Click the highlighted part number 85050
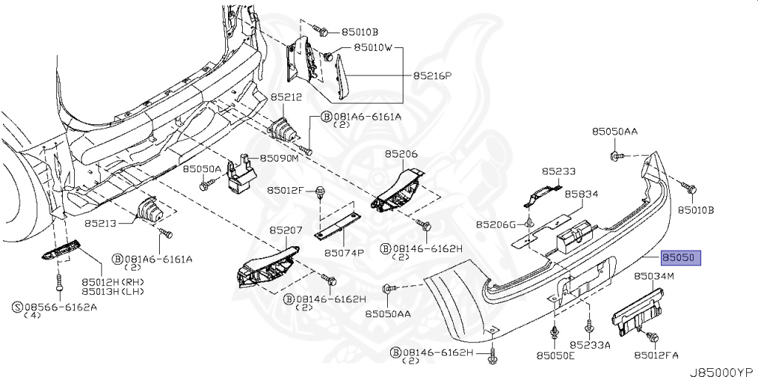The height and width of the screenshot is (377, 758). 680,258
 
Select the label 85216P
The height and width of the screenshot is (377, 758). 432,75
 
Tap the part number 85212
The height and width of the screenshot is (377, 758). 286,97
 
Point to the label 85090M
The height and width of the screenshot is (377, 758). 278,158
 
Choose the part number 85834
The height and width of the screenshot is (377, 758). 581,194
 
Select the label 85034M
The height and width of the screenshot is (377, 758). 654,276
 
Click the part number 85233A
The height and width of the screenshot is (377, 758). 589,344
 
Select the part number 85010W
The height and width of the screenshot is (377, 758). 378,49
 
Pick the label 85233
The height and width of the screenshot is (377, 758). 559,171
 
